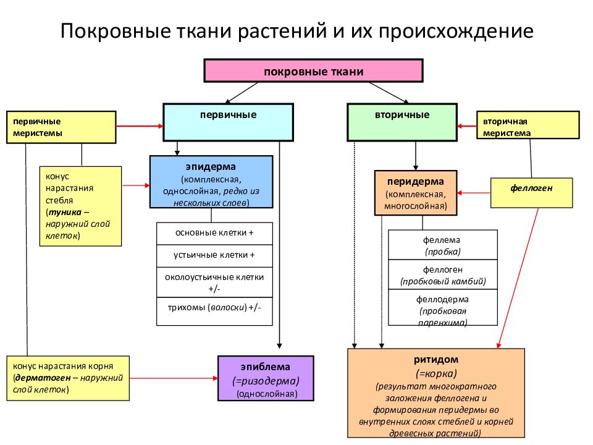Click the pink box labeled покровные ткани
[313, 70]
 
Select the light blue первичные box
[228, 122]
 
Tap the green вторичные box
[402, 122]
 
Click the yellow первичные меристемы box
[61, 127]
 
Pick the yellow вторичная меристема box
[528, 125]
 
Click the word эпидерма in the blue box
[211, 166]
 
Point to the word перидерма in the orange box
[415, 181]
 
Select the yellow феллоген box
[531, 193]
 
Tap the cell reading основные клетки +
[214, 234]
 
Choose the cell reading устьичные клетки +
[214, 256]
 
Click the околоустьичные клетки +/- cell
[214, 282]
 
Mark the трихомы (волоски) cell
[214, 311]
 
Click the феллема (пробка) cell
[442, 245]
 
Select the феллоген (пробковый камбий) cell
[442, 274]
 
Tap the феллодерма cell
[442, 307]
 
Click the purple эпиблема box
[266, 378]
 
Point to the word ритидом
[435, 360]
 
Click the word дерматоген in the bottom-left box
[43, 378]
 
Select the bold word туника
[65, 212]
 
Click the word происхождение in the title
[456, 31]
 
